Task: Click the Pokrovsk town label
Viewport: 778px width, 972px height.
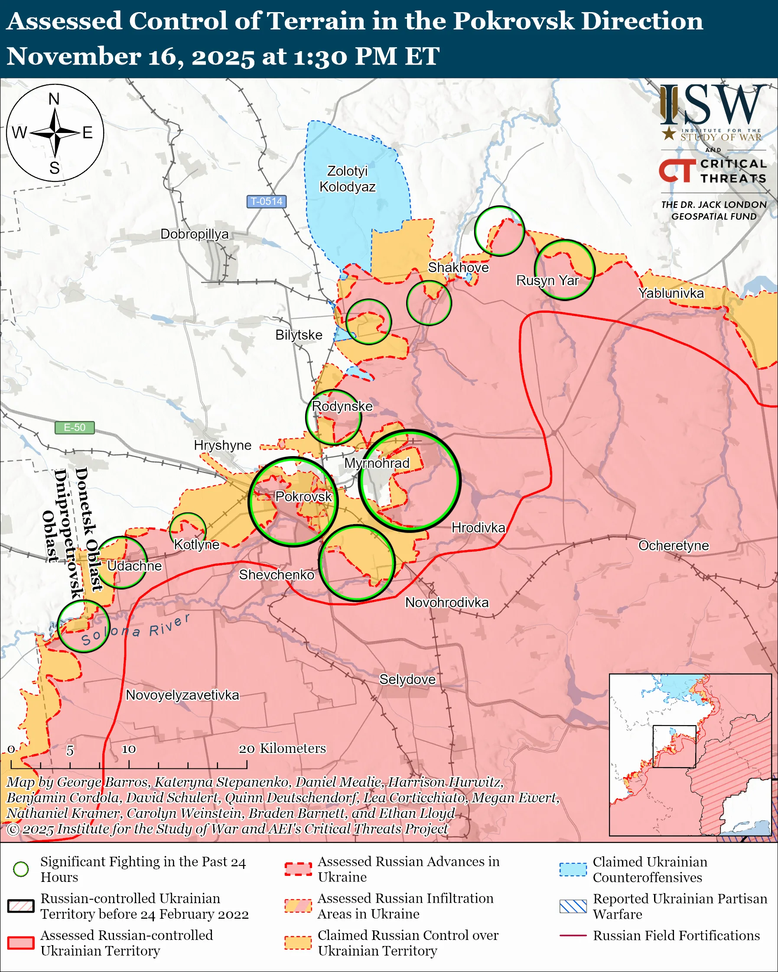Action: click(303, 496)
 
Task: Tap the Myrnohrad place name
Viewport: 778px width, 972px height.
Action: click(377, 463)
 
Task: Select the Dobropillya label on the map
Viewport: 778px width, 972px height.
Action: click(194, 234)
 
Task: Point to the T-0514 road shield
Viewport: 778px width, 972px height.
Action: click(267, 201)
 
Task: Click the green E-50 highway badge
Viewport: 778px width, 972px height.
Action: click(75, 427)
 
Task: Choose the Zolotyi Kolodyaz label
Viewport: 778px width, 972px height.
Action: click(347, 178)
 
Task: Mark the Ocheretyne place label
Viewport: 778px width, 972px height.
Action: click(674, 545)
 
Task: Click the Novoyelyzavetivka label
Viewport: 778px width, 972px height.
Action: click(182, 695)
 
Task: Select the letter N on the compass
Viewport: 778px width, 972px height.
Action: click(54, 99)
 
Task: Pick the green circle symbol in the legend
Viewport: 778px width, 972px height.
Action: click(21, 869)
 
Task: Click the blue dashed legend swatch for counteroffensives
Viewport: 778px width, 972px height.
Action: click(573, 869)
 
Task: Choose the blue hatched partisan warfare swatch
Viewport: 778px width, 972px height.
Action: click(573, 906)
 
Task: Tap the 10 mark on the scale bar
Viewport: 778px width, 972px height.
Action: click(129, 749)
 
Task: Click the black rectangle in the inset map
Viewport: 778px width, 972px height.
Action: click(674, 746)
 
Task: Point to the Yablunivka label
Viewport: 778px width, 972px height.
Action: click(671, 293)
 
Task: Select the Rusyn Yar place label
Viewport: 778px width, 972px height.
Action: click(547, 280)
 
